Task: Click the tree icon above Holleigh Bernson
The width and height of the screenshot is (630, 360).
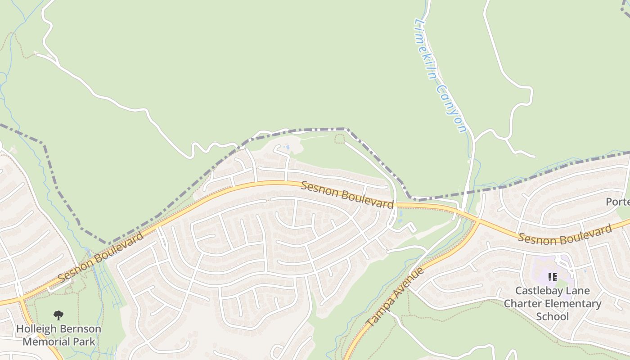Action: tap(58, 315)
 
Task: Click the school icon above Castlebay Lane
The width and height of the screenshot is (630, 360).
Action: tap(552, 277)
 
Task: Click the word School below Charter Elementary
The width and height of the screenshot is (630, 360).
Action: tap(552, 316)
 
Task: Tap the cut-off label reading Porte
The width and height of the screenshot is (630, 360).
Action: tap(617, 202)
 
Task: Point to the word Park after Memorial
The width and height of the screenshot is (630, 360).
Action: tap(85, 342)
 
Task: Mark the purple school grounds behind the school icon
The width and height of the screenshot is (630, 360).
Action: tap(540, 270)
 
